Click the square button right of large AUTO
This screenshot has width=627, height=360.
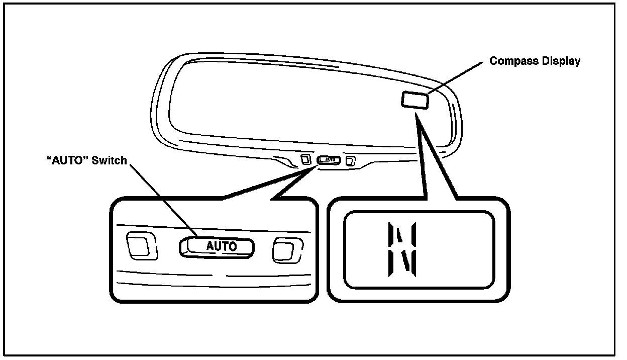286,250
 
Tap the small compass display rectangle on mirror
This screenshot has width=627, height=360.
414,99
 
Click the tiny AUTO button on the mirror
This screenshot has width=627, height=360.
330,160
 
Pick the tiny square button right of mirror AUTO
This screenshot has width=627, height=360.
351,161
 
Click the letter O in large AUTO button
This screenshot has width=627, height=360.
232,246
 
